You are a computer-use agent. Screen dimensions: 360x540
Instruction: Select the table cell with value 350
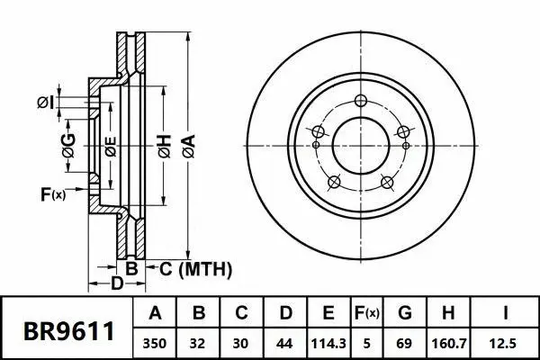point(156,343)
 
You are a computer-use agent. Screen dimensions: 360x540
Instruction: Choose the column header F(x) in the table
point(365,314)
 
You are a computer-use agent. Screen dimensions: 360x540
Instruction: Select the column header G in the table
point(404,314)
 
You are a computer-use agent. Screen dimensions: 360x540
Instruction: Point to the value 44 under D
point(283,343)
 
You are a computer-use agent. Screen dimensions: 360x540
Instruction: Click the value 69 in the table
point(404,343)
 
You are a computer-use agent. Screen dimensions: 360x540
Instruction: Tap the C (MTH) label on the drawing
point(196,268)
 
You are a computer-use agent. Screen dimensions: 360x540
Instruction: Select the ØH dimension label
point(164,143)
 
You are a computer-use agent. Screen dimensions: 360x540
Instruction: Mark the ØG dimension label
point(67,140)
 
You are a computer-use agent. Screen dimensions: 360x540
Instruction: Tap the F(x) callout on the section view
point(53,193)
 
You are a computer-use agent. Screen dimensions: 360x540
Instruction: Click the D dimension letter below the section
point(116,285)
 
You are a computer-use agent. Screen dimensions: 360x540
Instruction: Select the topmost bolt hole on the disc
point(361,100)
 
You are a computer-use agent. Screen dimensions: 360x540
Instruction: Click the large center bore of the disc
point(360,144)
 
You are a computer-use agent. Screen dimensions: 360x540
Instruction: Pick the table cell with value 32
point(200,343)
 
